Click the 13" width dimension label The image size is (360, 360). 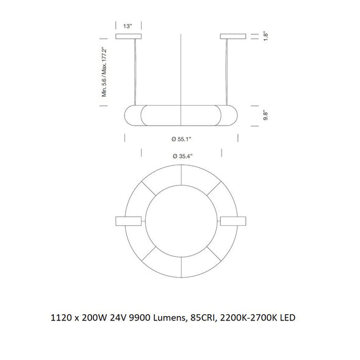click(x=128, y=26)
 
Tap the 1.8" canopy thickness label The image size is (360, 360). click(x=265, y=36)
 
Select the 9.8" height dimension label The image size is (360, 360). click(x=265, y=115)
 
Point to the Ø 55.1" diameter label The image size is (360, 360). click(x=181, y=139)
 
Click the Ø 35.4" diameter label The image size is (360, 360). click(x=182, y=156)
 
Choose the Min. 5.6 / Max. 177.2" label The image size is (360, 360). click(x=104, y=71)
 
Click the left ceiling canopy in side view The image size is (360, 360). click(x=128, y=36)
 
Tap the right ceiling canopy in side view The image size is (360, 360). click(x=233, y=36)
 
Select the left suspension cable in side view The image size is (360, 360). click(x=134, y=72)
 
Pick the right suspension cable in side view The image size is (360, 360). click(x=227, y=72)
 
